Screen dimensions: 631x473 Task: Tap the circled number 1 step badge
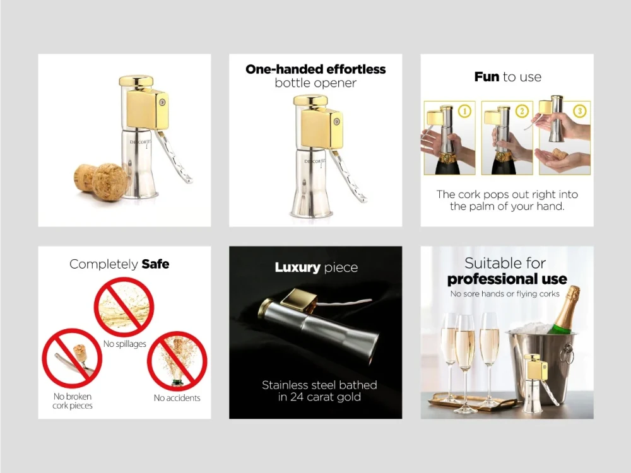(465, 111)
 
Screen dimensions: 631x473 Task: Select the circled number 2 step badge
(522, 111)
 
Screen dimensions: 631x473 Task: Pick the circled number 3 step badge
(579, 111)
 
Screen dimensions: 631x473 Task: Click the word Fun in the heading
(487, 76)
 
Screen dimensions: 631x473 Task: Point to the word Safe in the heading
(155, 264)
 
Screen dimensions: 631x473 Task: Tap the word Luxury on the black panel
(297, 267)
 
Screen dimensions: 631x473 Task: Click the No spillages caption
(125, 344)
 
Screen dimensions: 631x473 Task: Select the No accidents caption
(177, 398)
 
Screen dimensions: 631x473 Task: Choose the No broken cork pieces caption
(73, 401)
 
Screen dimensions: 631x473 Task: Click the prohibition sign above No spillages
(124, 307)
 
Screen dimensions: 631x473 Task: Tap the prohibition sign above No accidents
(177, 361)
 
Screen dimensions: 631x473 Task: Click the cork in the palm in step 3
(558, 154)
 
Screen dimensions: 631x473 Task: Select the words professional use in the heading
(507, 279)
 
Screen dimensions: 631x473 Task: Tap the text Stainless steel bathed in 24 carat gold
(319, 391)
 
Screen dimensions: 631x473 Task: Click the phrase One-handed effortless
(315, 69)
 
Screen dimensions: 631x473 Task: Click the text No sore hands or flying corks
(505, 294)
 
